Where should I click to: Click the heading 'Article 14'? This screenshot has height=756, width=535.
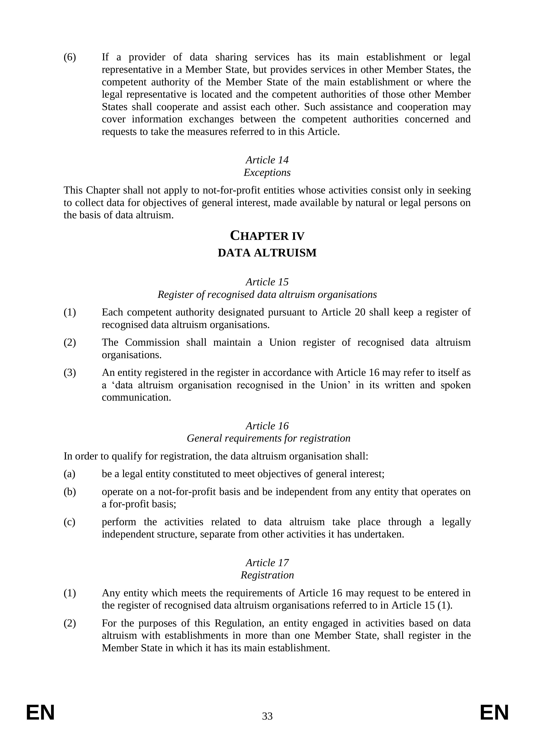point(267,160)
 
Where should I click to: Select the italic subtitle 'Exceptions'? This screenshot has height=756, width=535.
point(267,173)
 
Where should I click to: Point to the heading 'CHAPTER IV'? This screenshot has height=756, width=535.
point(267,236)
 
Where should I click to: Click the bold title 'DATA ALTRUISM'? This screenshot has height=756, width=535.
point(267,253)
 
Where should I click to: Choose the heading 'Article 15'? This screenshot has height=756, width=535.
point(267,282)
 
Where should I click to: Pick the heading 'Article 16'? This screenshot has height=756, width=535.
point(267,426)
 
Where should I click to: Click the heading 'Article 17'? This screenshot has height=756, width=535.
point(267,562)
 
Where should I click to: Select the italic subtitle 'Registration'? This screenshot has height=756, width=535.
point(267,575)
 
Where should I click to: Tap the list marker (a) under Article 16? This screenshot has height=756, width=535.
point(69,474)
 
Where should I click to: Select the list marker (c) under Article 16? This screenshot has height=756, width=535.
point(69,522)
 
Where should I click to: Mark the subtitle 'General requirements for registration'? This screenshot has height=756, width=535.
point(268,438)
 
